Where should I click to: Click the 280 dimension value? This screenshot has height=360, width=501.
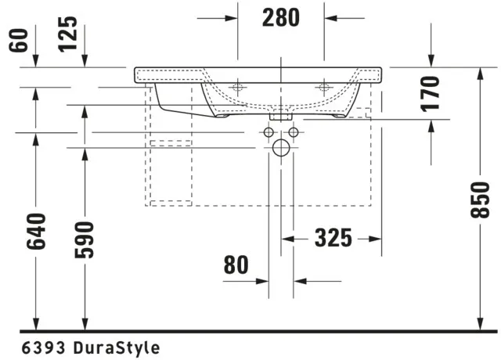(x=281, y=17)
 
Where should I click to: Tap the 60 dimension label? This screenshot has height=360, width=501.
(x=19, y=40)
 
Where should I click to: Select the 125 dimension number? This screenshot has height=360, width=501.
(x=68, y=34)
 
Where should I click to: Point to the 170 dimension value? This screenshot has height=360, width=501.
(x=430, y=94)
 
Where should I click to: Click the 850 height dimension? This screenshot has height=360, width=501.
(x=480, y=200)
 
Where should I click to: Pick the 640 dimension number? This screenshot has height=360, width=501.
(x=36, y=232)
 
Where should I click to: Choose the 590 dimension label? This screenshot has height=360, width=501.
(x=85, y=239)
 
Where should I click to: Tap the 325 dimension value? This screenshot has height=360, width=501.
(x=333, y=238)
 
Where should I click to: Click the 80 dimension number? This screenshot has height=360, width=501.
(x=236, y=265)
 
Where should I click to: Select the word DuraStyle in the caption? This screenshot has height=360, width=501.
(x=117, y=347)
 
